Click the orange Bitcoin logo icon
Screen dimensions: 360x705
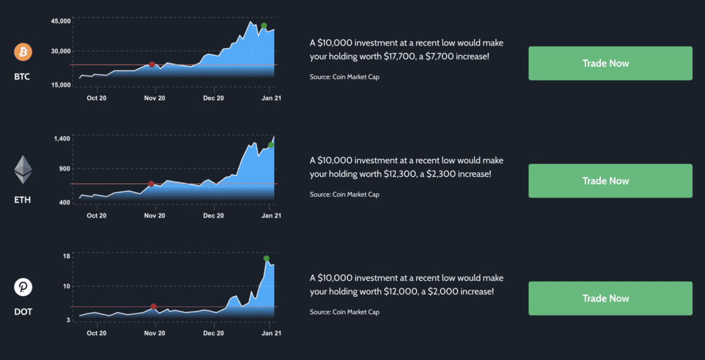tap(23, 52)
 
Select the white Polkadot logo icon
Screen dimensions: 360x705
tap(23, 286)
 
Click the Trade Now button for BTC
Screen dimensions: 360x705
tap(610, 63)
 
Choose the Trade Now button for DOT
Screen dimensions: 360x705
tap(610, 298)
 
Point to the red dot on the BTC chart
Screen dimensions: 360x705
tap(152, 65)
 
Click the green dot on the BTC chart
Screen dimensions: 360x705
tap(264, 26)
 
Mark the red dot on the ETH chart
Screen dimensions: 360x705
tap(151, 184)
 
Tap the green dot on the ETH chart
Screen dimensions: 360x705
tap(271, 145)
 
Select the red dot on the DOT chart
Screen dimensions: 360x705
tap(154, 306)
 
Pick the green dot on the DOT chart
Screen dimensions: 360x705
tap(266, 258)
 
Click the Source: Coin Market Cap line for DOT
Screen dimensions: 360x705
tap(344, 312)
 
